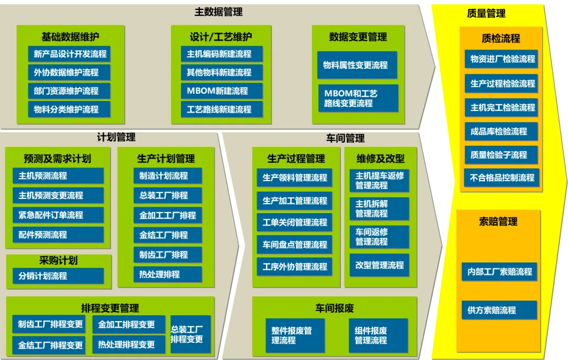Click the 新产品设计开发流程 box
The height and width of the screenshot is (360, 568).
coord(69,54)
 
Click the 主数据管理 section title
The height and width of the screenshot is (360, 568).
coord(218,12)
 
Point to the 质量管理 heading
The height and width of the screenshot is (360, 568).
coord(486,14)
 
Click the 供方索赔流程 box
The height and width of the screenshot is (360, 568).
coord(500,310)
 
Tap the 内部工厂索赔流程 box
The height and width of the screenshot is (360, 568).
coord(500,272)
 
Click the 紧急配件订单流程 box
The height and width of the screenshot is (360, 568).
coord(58,215)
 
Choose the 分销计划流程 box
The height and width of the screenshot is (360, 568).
coord(58,275)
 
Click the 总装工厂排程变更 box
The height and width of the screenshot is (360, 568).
coord(190,334)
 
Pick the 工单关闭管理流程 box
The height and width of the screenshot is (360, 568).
coord(295,222)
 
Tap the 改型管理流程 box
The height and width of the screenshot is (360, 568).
coord(379,265)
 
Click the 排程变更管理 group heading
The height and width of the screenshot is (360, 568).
coord(110,308)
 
